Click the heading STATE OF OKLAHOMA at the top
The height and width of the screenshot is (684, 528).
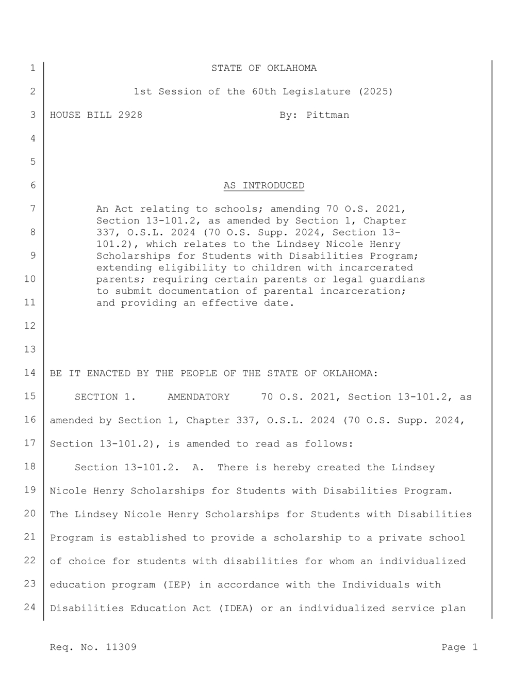click(263, 68)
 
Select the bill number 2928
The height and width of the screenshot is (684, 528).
click(130, 115)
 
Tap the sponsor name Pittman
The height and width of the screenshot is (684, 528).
click(327, 115)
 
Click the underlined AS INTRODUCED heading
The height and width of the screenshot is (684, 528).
click(263, 185)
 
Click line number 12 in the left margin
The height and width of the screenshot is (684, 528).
click(29, 326)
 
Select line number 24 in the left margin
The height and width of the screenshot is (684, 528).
click(29, 607)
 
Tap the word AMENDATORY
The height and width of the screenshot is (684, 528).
click(199, 397)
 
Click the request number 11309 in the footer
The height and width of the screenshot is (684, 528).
click(121, 647)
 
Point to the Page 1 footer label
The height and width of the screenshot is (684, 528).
click(459, 647)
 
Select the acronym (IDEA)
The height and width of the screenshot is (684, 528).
click(236, 608)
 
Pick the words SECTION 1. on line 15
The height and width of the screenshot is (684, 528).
click(105, 397)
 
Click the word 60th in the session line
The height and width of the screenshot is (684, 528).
click(263, 92)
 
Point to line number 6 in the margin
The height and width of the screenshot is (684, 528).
click(32, 185)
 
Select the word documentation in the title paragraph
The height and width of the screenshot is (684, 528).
click(199, 291)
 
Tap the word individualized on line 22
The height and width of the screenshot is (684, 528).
click(422, 561)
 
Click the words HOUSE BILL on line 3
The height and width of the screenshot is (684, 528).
click(80, 115)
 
